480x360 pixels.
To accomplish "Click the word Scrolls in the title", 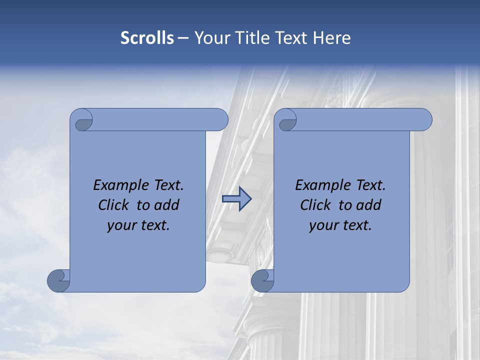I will tap(147, 38).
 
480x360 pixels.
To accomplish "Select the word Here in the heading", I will tap(332, 38).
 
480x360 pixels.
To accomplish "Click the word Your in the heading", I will tap(210, 38).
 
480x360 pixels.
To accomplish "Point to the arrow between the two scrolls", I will tap(237, 199).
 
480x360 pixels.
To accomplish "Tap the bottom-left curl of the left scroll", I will tap(58, 280).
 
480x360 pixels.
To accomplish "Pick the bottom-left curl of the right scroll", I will tap(262, 280).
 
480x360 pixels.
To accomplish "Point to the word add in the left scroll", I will tap(167, 205).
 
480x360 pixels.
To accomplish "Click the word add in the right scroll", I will tap(369, 205).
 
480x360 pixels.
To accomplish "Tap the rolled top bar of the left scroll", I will tap(160, 119).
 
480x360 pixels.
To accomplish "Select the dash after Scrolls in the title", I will tap(183, 38).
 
